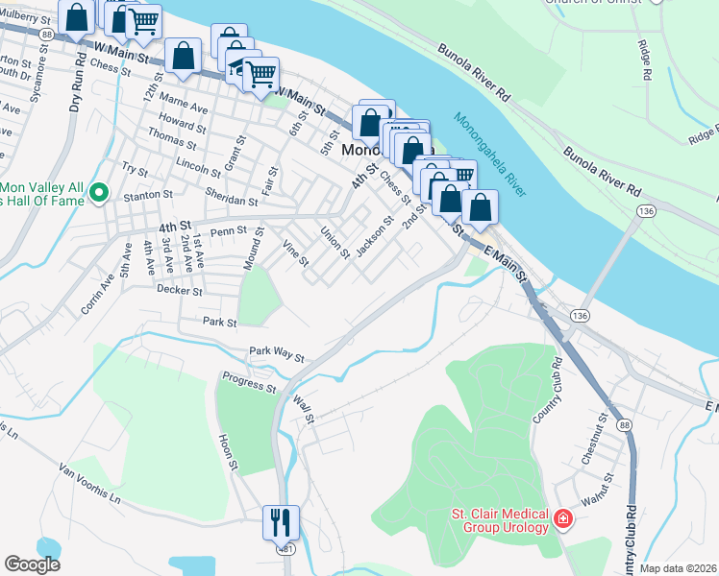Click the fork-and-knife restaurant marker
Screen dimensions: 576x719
(x=281, y=522)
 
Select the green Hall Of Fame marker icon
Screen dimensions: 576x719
(x=98, y=194)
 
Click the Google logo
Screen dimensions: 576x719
(x=33, y=564)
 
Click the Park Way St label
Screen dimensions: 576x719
(x=276, y=355)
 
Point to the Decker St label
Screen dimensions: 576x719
(x=179, y=290)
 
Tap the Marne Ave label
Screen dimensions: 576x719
(x=182, y=108)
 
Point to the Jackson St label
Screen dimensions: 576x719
(x=375, y=237)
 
